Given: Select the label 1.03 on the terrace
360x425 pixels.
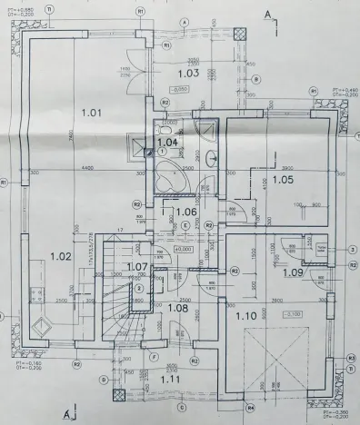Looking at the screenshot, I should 188,72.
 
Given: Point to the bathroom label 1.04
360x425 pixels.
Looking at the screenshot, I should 167,143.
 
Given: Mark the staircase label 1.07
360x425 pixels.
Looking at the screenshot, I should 137,266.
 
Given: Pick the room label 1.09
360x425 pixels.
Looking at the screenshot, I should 293,272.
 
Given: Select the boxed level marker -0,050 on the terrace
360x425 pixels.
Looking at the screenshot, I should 178,91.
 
